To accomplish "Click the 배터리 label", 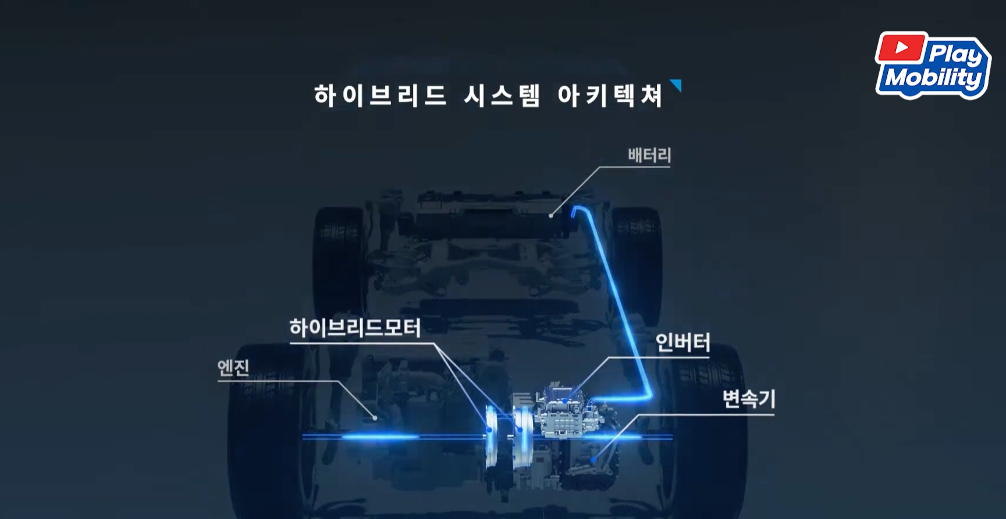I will pyautogui.click(x=649, y=155).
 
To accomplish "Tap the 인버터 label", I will pyautogui.click(x=682, y=343).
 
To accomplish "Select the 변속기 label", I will pyautogui.click(x=748, y=399).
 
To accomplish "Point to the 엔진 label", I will pyautogui.click(x=233, y=368).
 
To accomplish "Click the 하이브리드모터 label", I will pyautogui.click(x=355, y=328).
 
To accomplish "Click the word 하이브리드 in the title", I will pyautogui.click(x=380, y=95).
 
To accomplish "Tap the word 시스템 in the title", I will pyautogui.click(x=502, y=95).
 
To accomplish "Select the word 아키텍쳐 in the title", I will pyautogui.click(x=610, y=95).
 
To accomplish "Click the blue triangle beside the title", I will pyautogui.click(x=676, y=85).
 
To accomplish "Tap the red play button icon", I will pyautogui.click(x=901, y=47).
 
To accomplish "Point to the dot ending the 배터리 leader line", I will pyautogui.click(x=551, y=216).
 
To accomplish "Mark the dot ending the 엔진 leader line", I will pyautogui.click(x=375, y=417).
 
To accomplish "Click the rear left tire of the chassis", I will pyautogui.click(x=339, y=256).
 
